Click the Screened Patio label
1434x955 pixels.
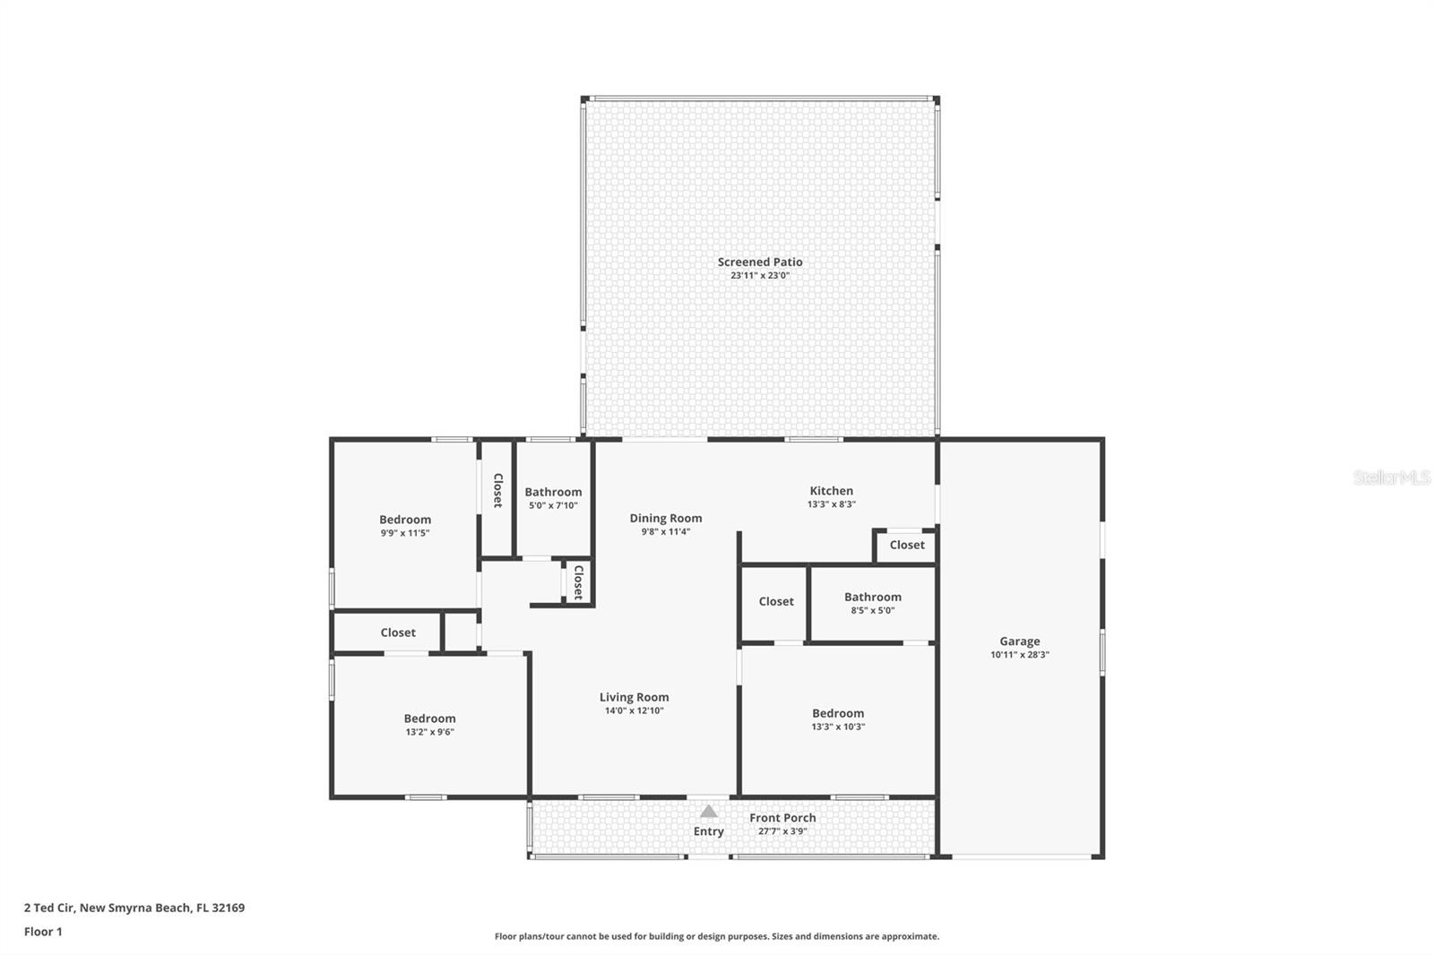(760, 262)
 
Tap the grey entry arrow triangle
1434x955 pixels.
(709, 812)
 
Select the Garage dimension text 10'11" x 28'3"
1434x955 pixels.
(1020, 655)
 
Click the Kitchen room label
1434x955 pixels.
(831, 490)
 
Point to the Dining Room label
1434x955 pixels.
(665, 518)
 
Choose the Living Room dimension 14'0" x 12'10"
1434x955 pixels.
(634, 711)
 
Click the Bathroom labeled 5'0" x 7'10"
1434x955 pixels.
(553, 492)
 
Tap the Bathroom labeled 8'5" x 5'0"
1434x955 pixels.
(872, 597)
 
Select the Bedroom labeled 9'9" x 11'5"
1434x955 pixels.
(405, 520)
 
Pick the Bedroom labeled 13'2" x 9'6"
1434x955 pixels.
(429, 718)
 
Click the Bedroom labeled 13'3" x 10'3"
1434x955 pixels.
(838, 713)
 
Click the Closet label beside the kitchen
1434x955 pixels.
(907, 545)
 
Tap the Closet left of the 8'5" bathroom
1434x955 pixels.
(776, 601)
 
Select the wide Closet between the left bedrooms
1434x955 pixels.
(398, 632)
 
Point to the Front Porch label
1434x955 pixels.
(782, 817)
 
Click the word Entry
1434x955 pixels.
(708, 831)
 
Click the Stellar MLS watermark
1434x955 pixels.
(1391, 477)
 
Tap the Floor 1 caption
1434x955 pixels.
(43, 932)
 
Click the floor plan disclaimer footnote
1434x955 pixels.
(717, 936)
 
